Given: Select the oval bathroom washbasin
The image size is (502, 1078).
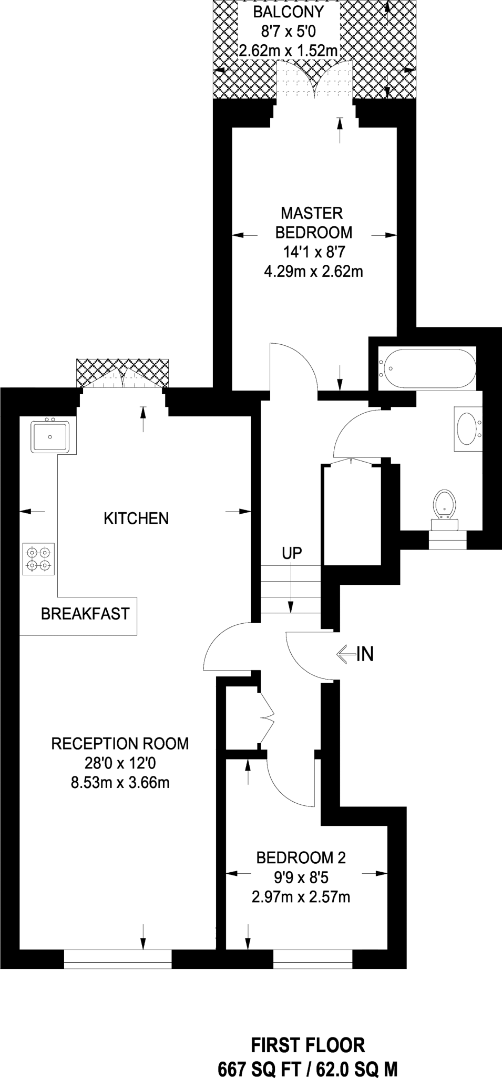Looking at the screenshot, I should tap(467, 428).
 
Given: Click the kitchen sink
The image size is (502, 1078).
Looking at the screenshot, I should tap(50, 436).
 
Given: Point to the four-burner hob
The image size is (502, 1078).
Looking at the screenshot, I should tap(38, 559).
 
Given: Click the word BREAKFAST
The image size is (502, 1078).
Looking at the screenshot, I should tap(85, 614).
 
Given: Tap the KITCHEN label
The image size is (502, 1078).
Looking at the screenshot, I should tap(136, 518).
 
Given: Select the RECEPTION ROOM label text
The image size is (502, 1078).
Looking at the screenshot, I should tap(120, 744).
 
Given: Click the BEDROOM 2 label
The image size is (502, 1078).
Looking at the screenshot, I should tap(301, 858).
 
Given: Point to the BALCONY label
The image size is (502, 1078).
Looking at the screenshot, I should tap(289, 12).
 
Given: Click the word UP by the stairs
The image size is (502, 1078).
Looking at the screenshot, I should tap(292, 553).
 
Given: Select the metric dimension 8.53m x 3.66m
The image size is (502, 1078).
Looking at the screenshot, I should tap(120, 783).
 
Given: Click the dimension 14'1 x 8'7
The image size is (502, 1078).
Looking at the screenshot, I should tap(314, 252).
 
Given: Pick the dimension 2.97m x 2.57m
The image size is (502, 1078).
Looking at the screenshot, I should tap(301, 897).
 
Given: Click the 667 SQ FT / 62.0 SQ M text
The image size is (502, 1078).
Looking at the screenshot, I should tap(308, 1070).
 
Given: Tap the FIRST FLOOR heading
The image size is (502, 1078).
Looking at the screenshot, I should tap(308, 1045).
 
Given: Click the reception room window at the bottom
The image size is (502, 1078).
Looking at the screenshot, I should tap(118, 959).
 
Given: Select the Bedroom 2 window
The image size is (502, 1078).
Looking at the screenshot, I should tap(312, 959).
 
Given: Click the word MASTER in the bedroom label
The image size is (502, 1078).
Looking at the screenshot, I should tap(312, 213).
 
